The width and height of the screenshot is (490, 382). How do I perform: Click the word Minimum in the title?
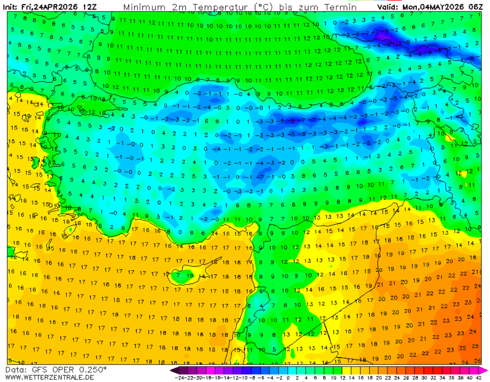click(x=143, y=7)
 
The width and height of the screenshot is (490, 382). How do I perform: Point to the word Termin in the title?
click(x=341, y=7)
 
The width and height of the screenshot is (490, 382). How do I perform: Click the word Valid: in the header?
click(x=389, y=7)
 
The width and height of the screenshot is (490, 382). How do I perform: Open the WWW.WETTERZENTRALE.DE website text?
click(x=49, y=377)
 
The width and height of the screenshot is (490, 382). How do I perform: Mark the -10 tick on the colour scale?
click(x=242, y=378)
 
